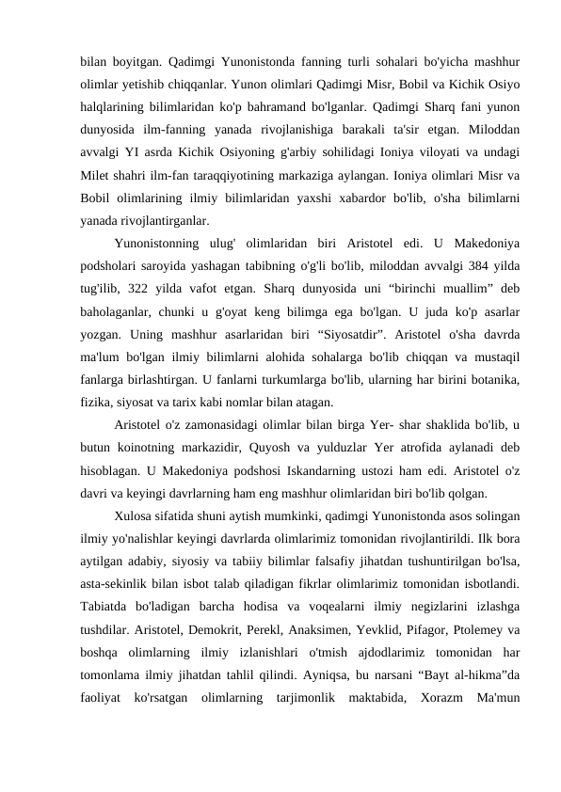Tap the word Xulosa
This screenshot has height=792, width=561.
135,516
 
